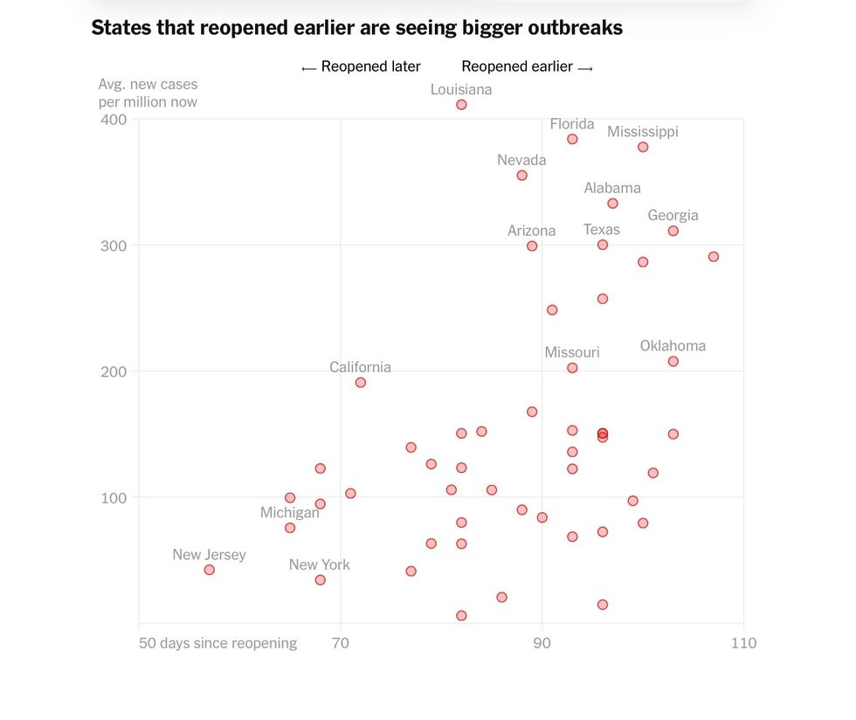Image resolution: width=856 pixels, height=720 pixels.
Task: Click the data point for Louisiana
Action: [461, 105]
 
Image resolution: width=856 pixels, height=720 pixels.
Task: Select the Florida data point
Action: [572, 139]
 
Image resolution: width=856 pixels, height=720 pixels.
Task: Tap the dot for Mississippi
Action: [643, 147]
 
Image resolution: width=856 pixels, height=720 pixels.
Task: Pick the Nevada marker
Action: [521, 176]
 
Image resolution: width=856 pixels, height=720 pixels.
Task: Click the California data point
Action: [360, 383]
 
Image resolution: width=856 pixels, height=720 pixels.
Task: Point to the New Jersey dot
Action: [209, 570]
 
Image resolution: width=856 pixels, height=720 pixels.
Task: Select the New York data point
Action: [320, 580]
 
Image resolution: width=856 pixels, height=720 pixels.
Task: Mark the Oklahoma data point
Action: [673, 362]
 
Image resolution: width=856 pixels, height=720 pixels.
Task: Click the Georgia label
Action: [673, 216]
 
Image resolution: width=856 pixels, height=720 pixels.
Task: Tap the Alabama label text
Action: [612, 188]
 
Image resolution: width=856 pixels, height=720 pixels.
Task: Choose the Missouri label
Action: [572, 352]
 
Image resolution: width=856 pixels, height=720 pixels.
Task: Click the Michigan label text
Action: [290, 513]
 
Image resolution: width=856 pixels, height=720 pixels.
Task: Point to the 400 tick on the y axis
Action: [114, 120]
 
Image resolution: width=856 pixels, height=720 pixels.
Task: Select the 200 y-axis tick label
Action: [114, 371]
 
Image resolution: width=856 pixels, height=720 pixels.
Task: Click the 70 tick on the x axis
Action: [341, 644]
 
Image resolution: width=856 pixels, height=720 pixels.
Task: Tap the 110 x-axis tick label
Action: [744, 644]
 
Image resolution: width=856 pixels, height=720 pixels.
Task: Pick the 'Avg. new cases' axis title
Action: [148, 85]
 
